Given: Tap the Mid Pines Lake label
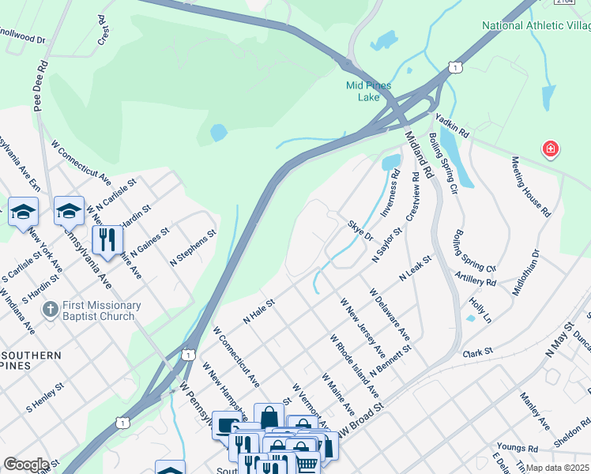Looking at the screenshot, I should [x=369, y=91].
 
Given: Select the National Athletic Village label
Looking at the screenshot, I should [x=536, y=25].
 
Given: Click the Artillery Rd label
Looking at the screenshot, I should [x=476, y=277].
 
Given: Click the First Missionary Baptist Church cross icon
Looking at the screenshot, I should [x=49, y=310].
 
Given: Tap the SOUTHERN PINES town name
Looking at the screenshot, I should [x=31, y=361].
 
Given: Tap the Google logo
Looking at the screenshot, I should [x=26, y=465].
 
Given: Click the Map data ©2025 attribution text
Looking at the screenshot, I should [x=557, y=468].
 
